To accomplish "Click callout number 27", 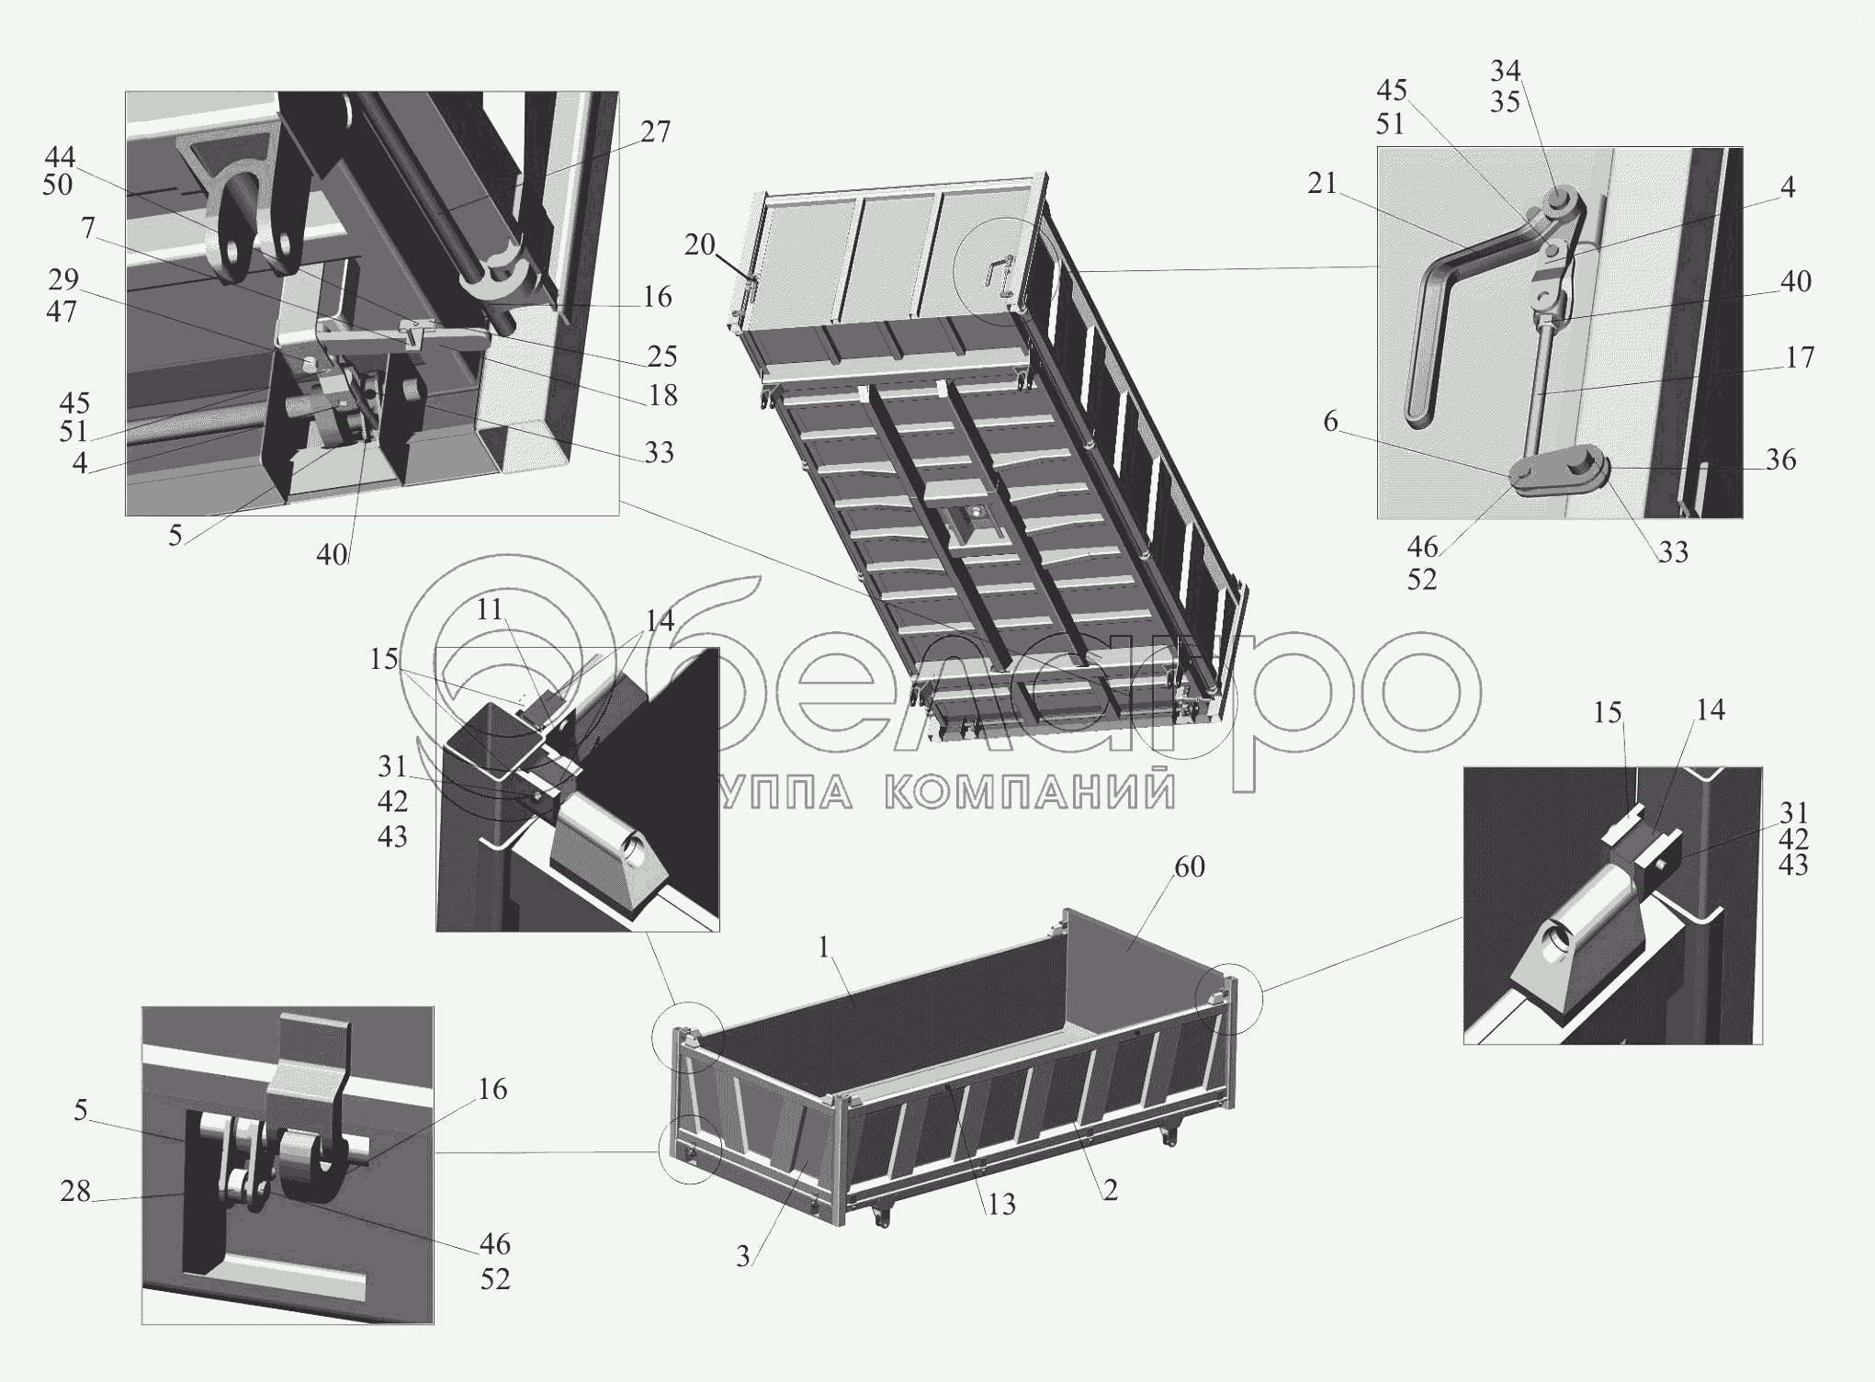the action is [x=655, y=132].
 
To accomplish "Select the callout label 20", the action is [x=699, y=246].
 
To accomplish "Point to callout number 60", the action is [x=1189, y=867].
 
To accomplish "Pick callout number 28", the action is [x=75, y=1191].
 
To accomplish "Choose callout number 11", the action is [x=490, y=609].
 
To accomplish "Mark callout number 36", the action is [x=1780, y=460].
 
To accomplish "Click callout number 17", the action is [x=1800, y=357].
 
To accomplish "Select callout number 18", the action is [x=662, y=395].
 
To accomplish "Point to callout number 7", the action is [x=87, y=227].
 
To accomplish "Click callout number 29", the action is [x=62, y=278].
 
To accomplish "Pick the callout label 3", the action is [x=743, y=1256].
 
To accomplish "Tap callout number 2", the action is [x=1110, y=1190].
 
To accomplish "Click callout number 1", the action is [x=824, y=947].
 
